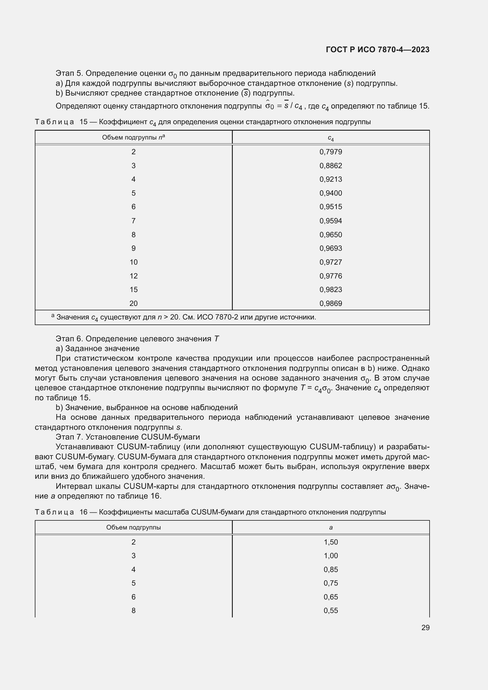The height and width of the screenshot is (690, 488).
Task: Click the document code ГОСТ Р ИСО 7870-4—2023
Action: (x=377, y=50)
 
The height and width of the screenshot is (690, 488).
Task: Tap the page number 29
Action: (x=425, y=627)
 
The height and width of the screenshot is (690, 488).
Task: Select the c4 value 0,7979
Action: (x=330, y=152)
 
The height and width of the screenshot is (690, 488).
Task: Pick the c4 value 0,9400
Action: (x=330, y=193)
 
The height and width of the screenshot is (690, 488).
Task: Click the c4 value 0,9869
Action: (x=330, y=303)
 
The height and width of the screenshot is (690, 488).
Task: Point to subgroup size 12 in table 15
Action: (x=133, y=276)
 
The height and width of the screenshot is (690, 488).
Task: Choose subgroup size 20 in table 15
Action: (x=133, y=303)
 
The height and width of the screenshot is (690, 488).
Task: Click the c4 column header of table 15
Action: (x=330, y=138)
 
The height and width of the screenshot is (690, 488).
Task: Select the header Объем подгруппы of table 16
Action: (x=133, y=527)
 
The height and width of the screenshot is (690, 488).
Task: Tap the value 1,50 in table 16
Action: (x=330, y=542)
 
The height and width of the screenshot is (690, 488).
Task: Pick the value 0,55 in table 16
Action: (x=330, y=610)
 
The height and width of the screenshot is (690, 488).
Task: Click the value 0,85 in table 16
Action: (x=330, y=569)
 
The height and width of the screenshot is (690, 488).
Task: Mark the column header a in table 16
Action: (x=330, y=527)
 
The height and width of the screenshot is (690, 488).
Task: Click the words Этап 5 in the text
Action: (x=68, y=73)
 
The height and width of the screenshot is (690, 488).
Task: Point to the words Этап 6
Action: (x=68, y=339)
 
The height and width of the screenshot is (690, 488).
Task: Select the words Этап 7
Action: (x=68, y=437)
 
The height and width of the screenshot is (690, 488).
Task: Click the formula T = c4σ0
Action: (x=316, y=388)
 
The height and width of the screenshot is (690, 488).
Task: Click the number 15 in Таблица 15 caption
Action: (x=83, y=122)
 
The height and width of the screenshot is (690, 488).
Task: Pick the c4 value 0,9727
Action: (x=330, y=262)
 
